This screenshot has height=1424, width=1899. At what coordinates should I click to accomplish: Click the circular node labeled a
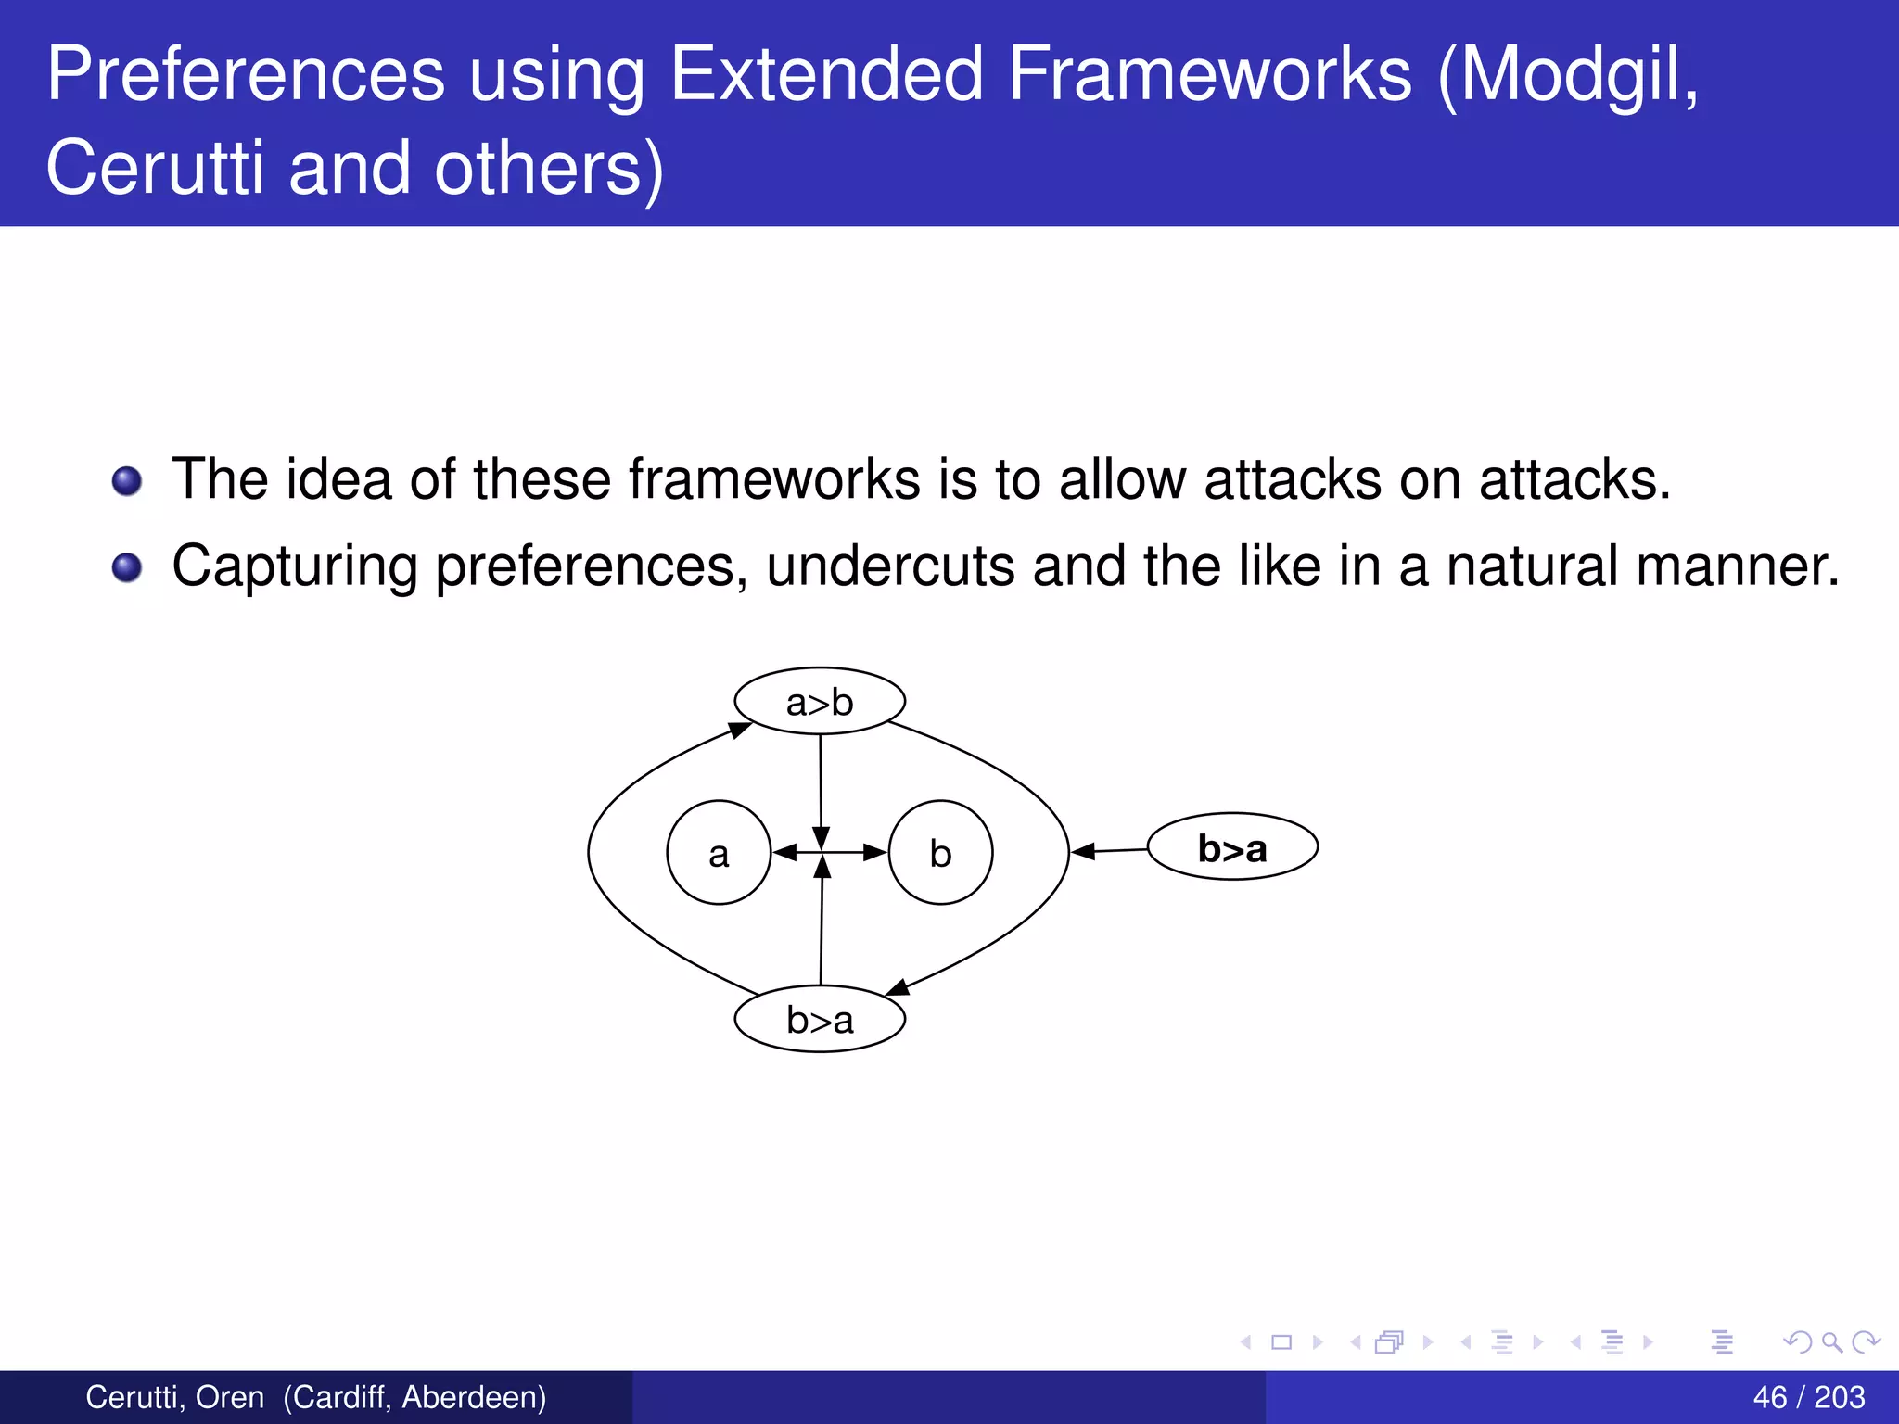coord(719,852)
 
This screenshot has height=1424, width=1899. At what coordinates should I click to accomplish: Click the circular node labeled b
coord(940,852)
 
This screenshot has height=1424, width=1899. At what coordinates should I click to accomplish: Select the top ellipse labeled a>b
coord(820,702)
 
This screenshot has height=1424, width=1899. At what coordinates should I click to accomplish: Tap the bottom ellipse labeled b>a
coord(820,1019)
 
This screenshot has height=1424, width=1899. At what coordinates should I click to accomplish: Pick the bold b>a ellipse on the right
coord(1232,847)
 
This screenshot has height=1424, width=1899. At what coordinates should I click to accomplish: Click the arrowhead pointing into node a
coord(784,852)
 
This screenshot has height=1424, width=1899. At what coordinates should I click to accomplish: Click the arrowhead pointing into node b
coord(875,852)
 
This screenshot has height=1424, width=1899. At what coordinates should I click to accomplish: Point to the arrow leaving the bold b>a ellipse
coord(1110,850)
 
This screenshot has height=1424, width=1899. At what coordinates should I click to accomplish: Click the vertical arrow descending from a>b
coord(821,788)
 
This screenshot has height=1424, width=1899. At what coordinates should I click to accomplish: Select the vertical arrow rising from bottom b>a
coord(822,927)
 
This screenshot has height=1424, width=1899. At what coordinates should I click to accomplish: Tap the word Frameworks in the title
coord(1210,74)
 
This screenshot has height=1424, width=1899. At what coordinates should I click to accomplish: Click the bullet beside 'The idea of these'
coord(127,481)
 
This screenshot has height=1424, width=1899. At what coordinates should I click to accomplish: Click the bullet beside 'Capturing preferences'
coord(127,567)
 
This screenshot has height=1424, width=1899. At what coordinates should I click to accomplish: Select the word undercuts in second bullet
coord(890,566)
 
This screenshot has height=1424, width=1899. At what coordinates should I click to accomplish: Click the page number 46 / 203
coord(1808,1397)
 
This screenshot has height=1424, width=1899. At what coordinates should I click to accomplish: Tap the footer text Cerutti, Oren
coord(174,1397)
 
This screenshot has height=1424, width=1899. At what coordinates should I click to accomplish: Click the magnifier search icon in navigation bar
coord(1831,1341)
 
